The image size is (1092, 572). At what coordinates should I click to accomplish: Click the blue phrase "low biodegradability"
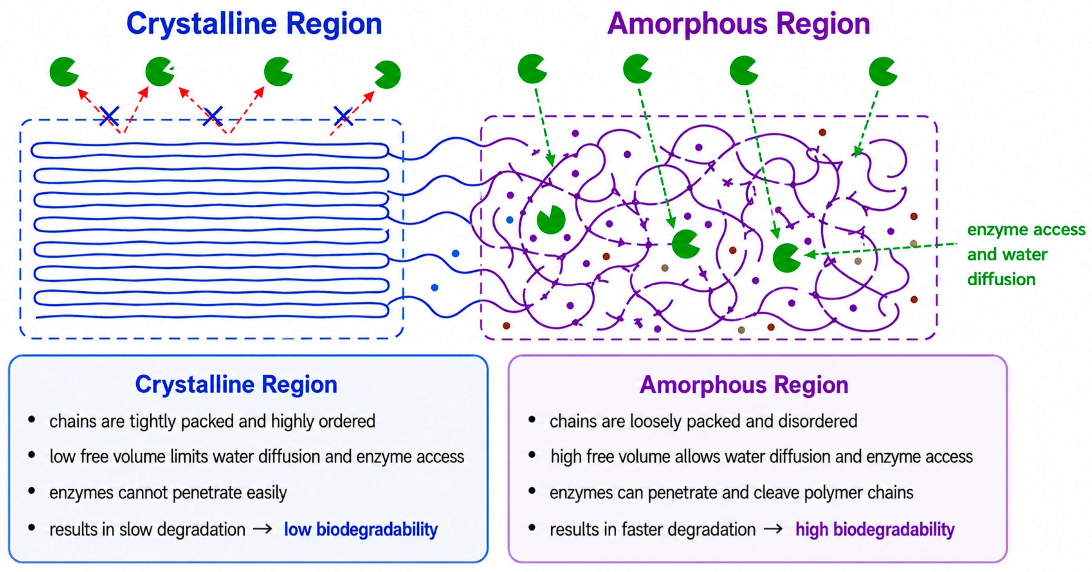coord(361,530)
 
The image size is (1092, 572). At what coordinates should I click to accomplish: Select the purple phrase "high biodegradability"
coord(875,530)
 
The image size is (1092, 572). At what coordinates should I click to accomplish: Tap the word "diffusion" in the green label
coord(1001,279)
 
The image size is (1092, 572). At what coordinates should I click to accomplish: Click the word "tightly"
coord(153,422)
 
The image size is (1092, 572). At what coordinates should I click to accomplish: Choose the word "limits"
coord(189,456)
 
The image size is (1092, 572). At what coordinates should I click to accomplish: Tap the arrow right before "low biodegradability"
coord(262,529)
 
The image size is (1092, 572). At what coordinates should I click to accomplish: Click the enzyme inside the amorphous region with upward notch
coord(551,220)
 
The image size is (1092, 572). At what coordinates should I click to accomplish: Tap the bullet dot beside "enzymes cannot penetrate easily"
coord(31,491)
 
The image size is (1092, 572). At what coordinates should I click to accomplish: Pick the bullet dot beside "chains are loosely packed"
coord(532,420)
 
